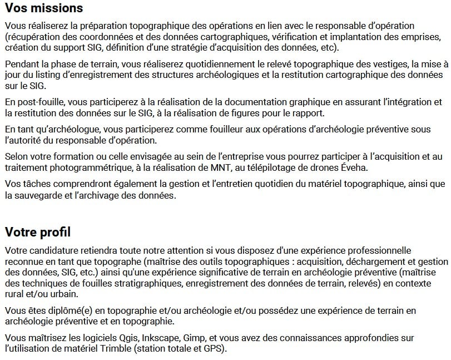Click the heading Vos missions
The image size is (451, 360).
click(x=44, y=8)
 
